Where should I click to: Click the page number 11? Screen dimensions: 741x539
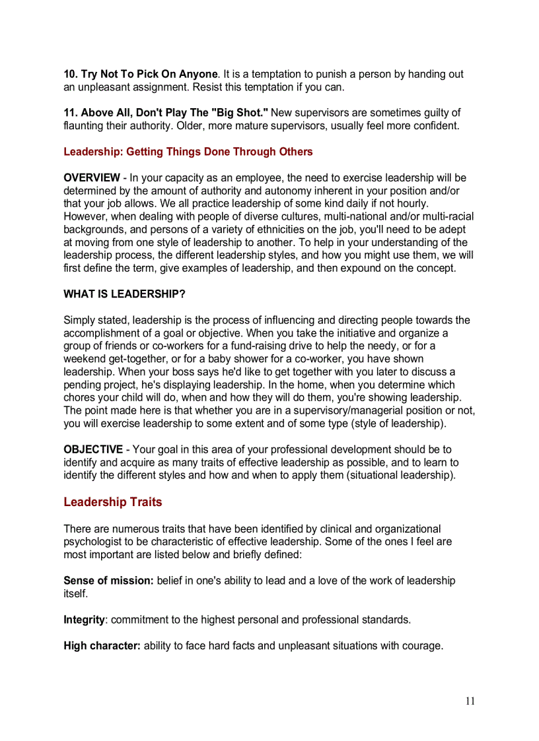pyautogui.click(x=470, y=701)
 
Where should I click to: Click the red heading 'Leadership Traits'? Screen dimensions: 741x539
pyautogui.click(x=112, y=502)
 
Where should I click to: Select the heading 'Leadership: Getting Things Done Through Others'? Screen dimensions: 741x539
pyautogui.click(x=188, y=152)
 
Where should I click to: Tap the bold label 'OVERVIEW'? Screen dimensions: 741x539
pyautogui.click(x=91, y=177)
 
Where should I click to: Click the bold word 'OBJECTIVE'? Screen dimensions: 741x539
pyautogui.click(x=92, y=449)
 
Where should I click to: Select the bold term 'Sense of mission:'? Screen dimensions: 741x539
pyautogui.click(x=108, y=581)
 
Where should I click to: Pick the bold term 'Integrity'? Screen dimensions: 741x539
pyautogui.click(x=84, y=620)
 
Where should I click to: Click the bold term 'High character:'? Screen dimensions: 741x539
pyautogui.click(x=102, y=645)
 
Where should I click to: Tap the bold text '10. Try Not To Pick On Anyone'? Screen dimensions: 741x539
pyautogui.click(x=140, y=74)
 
